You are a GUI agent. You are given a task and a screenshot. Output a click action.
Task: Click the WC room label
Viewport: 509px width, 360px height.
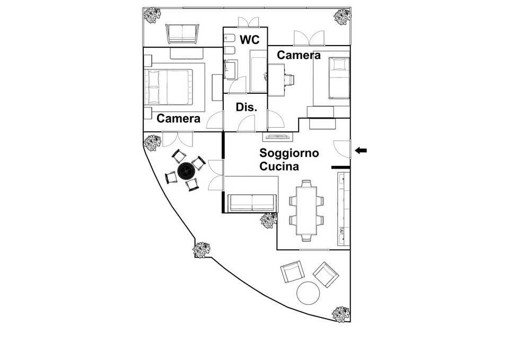[x=250, y=39]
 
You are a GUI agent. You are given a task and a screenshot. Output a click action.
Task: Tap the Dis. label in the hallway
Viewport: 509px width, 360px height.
[x=247, y=107]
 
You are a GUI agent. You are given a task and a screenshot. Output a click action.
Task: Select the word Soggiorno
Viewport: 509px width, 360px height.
[x=289, y=153]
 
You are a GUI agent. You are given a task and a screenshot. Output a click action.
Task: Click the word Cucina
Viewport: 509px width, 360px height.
[x=279, y=166]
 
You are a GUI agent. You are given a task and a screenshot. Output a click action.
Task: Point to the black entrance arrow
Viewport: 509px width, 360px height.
[x=361, y=150]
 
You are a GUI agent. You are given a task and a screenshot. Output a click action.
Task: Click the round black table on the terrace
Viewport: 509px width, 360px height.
[x=186, y=170]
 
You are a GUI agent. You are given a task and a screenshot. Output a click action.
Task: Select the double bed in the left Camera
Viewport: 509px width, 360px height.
[x=169, y=87]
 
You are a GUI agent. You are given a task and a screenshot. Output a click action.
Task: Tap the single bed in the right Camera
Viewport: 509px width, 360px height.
[x=339, y=78]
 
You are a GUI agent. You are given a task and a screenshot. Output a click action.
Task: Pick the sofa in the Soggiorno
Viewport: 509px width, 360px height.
[x=252, y=203]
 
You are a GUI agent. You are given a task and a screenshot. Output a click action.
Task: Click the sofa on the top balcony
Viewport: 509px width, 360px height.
[x=182, y=33]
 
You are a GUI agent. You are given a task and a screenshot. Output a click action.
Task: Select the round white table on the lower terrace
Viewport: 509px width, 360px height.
[x=308, y=293]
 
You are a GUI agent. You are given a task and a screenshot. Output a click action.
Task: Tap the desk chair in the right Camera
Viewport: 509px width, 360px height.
[x=289, y=79]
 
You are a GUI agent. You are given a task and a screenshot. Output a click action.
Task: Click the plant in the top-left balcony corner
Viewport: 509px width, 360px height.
[x=152, y=15]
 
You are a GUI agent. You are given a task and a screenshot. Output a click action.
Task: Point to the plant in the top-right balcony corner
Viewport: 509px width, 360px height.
[x=343, y=16]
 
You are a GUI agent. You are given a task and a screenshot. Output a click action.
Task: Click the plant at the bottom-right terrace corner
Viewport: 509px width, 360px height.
[x=341, y=314]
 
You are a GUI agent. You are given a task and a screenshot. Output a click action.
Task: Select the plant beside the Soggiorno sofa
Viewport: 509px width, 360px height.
[x=269, y=221]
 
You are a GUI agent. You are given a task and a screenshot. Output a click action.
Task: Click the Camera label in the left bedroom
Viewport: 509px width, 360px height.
[x=178, y=118]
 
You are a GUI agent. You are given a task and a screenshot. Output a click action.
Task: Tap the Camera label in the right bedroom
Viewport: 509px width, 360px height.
[x=299, y=55]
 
